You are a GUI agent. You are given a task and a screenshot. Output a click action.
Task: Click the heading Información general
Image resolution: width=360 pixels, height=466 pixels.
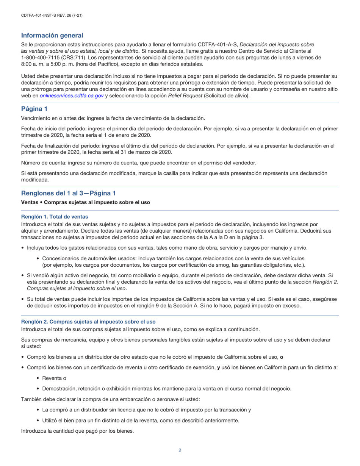(52, 36)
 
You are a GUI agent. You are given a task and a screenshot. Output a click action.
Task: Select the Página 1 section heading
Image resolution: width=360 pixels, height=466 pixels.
(34, 109)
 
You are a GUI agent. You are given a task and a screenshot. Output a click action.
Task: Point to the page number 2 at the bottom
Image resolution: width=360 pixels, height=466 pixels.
(180, 450)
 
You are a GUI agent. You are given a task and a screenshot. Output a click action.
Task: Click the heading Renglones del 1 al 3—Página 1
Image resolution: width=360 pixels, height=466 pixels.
(68, 193)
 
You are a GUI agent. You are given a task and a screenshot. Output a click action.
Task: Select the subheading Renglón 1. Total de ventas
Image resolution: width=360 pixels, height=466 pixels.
(55, 217)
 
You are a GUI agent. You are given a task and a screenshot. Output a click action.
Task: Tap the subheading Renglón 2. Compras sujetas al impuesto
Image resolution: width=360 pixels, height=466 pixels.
(88, 322)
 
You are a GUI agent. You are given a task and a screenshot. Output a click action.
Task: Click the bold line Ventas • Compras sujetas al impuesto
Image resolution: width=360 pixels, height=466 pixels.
(85, 202)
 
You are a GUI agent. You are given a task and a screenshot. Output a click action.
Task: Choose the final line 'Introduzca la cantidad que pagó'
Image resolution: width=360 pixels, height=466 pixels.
(77, 431)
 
